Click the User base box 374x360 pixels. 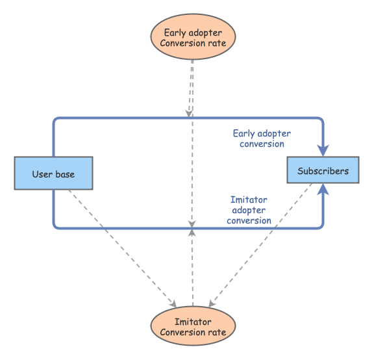pos(53,174)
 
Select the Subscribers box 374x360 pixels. pos(323,170)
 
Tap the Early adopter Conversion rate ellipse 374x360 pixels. pos(193,36)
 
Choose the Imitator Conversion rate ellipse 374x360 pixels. pos(193,326)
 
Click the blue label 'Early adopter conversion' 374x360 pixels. pos(262,138)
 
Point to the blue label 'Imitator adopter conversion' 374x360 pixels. pos(249,210)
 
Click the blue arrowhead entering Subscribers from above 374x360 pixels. pos(323,150)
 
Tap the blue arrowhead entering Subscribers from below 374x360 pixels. pos(323,189)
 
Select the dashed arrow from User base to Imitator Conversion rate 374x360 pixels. pos(122,248)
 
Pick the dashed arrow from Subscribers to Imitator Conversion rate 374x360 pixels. pos(260,245)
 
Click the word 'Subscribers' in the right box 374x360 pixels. pos(323,171)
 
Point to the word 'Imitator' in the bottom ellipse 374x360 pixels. pos(193,322)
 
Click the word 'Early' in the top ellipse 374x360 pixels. pos(175,33)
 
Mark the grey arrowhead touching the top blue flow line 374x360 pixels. pos(189,114)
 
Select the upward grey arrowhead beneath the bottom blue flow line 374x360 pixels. pos(192,233)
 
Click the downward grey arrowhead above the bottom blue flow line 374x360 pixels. pos(192,224)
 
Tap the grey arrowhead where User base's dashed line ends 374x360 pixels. pos(173,303)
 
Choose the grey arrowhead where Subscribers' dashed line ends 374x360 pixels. pos(212,303)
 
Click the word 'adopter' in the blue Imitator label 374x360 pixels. pos(249,211)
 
